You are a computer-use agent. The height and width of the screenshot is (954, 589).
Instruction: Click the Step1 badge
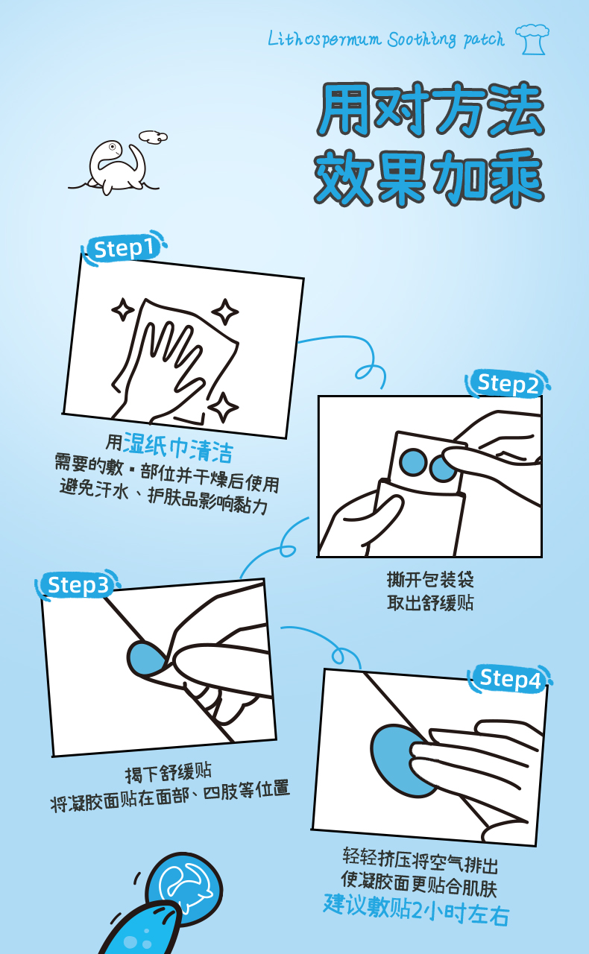(124, 248)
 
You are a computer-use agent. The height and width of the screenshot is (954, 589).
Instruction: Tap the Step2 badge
(507, 383)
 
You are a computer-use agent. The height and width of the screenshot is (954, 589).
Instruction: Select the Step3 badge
(78, 585)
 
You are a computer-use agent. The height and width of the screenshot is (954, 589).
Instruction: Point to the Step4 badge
(510, 678)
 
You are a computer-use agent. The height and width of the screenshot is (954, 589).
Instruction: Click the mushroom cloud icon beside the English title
(532, 40)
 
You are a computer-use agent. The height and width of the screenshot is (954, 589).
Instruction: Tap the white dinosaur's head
(111, 148)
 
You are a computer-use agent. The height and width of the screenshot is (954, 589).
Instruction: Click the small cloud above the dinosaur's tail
(154, 136)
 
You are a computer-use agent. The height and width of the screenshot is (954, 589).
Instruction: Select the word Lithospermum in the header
(324, 40)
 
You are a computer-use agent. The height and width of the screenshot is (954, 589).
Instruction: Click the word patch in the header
(484, 40)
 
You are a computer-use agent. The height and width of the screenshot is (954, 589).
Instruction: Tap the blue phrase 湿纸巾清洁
(178, 447)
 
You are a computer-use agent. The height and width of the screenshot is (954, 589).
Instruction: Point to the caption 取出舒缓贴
(430, 603)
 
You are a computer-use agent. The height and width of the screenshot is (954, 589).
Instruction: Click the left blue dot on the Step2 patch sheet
(412, 461)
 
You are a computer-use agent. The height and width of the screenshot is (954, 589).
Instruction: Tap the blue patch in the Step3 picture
(145, 658)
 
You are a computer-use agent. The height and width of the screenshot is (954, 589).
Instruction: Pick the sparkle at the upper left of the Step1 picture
(123, 309)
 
